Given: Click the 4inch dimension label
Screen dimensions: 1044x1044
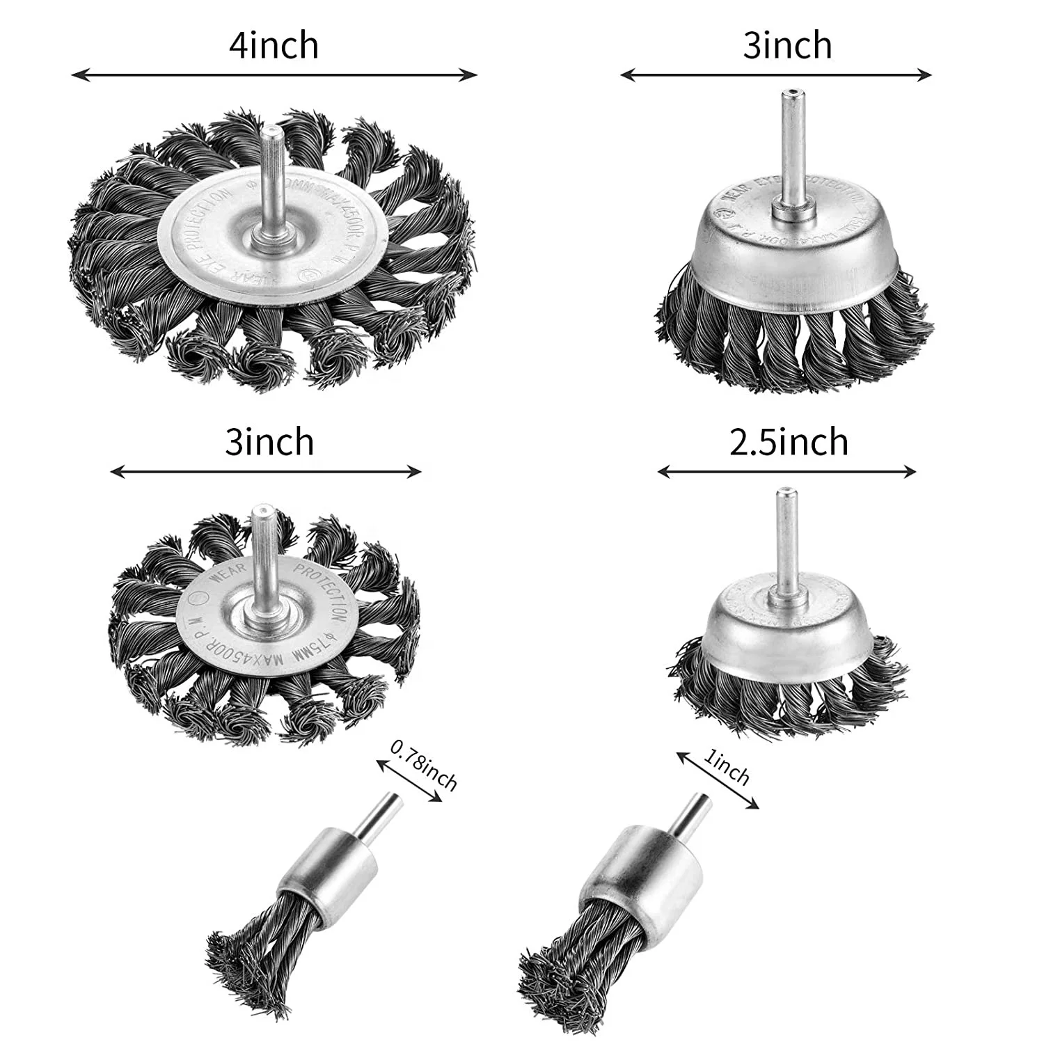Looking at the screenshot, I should pyautogui.click(x=274, y=46).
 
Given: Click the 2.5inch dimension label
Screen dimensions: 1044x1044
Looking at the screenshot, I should pyautogui.click(x=789, y=443).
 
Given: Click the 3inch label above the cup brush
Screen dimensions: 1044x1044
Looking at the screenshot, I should pyautogui.click(x=787, y=46).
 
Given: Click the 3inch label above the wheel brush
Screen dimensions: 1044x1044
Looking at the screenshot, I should pyautogui.click(x=269, y=443).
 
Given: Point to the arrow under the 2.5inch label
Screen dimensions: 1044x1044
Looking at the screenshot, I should pyautogui.click(x=786, y=472).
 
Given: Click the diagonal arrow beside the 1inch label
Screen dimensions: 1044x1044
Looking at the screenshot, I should pyautogui.click(x=717, y=780).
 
